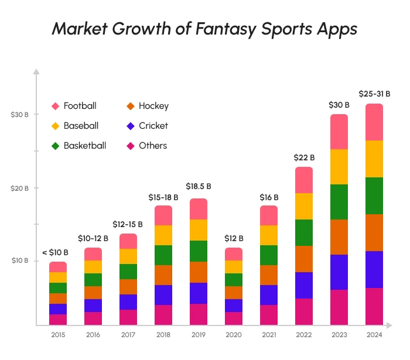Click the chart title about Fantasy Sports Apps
coord(204,29)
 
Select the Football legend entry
coord(74,106)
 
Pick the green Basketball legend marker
coord(56,146)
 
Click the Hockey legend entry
coord(148,106)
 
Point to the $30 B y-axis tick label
coord(19,115)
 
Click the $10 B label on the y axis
coord(19,260)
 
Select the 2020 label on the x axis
coord(234,335)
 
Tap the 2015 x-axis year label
coord(58,335)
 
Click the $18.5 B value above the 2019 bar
coord(199,186)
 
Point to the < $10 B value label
coord(55,253)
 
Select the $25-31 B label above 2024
coord(374,94)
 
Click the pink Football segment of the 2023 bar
coord(339,132)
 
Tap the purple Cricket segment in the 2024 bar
coord(374,269)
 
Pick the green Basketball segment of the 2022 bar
coord(304,232)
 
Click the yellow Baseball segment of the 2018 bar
coord(163,235)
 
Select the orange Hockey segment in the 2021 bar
coord(269,275)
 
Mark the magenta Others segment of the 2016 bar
coord(93,318)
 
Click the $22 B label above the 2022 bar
coord(304,157)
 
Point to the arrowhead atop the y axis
coord(36,72)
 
